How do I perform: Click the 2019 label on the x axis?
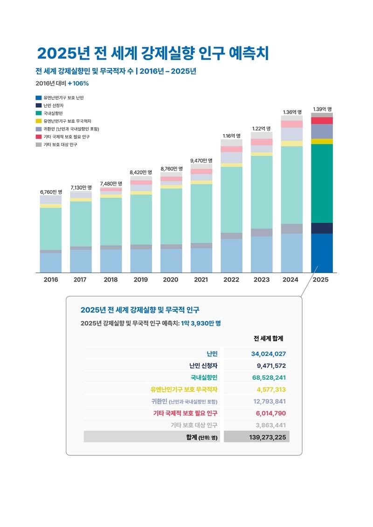click(x=141, y=280)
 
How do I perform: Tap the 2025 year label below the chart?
click(x=322, y=280)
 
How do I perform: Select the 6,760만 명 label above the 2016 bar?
click(x=51, y=192)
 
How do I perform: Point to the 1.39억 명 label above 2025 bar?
click(x=322, y=109)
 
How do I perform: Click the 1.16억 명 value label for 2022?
click(x=231, y=136)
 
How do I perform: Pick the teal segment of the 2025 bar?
click(x=322, y=183)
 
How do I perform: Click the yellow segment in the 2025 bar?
click(x=322, y=141)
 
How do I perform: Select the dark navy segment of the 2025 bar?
click(x=322, y=228)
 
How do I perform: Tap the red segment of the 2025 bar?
click(x=322, y=121)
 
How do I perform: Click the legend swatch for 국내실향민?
click(x=39, y=113)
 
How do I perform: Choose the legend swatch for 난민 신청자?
click(x=39, y=106)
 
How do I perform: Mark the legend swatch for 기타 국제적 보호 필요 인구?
click(x=39, y=137)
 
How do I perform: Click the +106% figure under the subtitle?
click(x=78, y=83)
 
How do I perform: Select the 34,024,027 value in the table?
click(x=268, y=354)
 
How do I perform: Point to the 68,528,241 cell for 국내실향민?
click(x=268, y=377)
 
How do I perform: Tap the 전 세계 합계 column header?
click(x=268, y=338)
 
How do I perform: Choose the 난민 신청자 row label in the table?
click(x=203, y=366)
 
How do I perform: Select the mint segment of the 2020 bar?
click(x=171, y=216)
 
